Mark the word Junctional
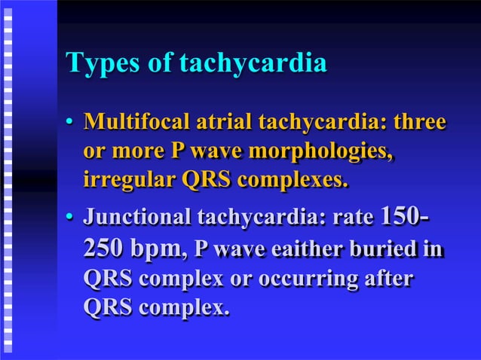tap(137, 219)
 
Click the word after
tap(389, 279)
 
